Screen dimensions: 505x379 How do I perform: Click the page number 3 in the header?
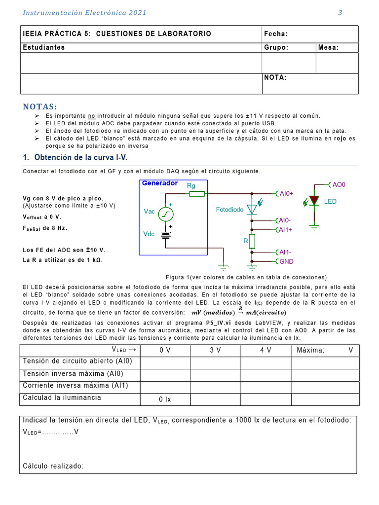coord(340,13)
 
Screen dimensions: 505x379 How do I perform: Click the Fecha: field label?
coord(276,34)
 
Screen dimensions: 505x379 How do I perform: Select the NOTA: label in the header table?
coord(275,77)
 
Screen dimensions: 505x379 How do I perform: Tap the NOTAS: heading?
coord(40,107)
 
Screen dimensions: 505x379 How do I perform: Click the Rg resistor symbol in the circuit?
coord(197,194)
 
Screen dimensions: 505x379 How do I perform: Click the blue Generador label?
coord(160,183)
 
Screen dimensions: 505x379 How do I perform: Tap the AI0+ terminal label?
coord(286,194)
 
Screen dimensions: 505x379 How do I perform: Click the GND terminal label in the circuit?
coord(286,261)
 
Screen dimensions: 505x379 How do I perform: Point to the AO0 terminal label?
coord(339,184)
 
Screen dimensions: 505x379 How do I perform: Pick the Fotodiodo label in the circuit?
coord(230,210)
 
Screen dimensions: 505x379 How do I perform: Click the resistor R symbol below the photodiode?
coord(252,241)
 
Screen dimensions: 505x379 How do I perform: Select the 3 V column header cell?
coord(215,350)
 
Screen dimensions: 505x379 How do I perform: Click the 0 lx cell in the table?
coord(164,399)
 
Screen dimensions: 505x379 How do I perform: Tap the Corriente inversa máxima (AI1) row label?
coord(76,385)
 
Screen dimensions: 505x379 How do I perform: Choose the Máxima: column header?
coord(311,350)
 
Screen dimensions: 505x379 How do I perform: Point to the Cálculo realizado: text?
coord(53,466)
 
